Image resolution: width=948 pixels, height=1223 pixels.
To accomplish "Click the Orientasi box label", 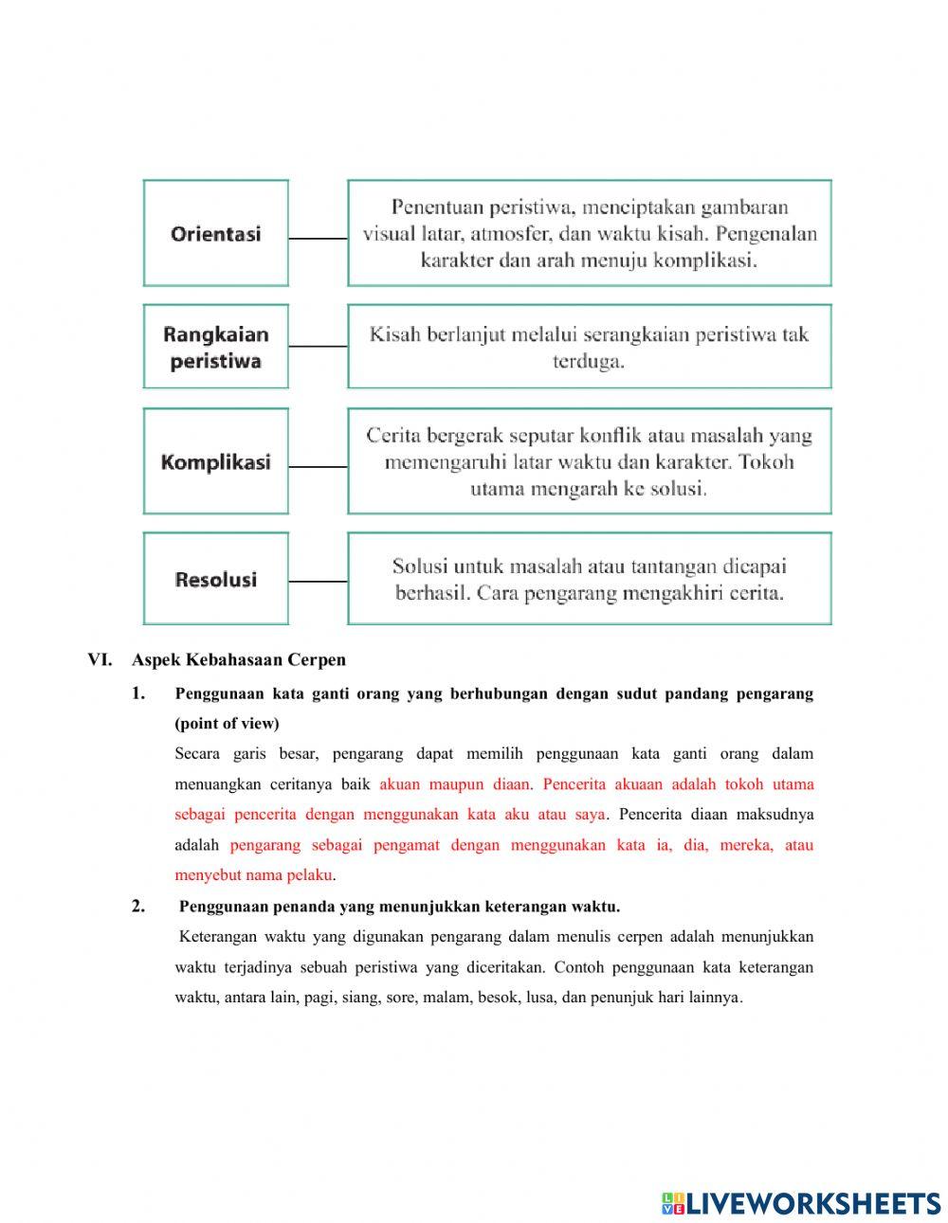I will (215, 234).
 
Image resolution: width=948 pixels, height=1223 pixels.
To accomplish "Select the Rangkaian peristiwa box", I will (215, 347).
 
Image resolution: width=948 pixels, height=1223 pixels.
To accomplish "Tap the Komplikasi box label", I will (215, 462).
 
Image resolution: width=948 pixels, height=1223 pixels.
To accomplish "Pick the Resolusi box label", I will (215, 580).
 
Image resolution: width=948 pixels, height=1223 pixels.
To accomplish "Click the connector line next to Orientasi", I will (318, 239).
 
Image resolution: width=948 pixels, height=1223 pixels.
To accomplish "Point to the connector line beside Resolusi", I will (318, 581).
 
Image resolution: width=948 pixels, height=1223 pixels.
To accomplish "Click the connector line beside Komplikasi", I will (318, 466).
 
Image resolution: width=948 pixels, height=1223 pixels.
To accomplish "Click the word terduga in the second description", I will (589, 361).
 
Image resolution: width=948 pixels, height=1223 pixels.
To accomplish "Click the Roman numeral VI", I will (100, 659).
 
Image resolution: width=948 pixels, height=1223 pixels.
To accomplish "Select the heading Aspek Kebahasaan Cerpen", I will (239, 659).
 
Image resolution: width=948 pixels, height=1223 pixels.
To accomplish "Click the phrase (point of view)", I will (227, 724).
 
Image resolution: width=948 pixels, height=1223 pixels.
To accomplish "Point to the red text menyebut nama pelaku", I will (253, 875).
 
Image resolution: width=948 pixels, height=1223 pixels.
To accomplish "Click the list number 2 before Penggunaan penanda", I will (138, 907).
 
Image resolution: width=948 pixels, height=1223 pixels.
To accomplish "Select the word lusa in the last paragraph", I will (541, 998).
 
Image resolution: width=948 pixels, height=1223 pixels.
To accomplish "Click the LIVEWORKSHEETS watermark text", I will (812, 1202).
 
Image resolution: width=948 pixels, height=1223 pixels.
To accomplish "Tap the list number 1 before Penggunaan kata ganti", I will (138, 693).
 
